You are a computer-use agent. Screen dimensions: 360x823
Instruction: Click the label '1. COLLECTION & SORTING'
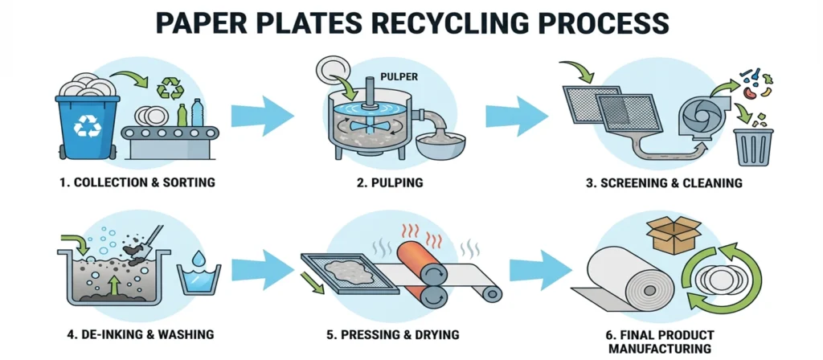[x=137, y=182]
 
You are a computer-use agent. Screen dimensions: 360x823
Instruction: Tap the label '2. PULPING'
[x=389, y=182]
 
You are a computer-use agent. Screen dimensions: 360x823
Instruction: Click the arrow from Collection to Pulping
[x=262, y=117]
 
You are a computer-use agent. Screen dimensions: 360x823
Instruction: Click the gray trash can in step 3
[x=755, y=148]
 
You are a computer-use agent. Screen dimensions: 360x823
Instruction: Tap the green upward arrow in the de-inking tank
[x=113, y=286]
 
